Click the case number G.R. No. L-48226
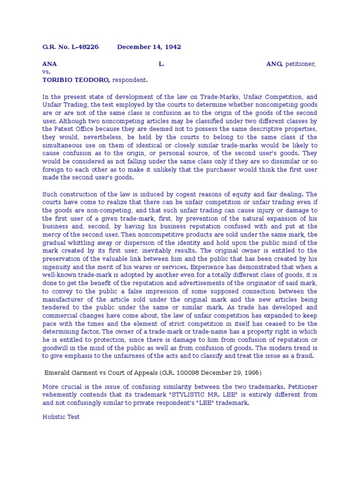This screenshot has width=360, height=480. (x=70, y=47)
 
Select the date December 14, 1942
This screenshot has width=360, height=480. (x=149, y=47)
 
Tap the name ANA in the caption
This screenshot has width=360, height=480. (x=50, y=64)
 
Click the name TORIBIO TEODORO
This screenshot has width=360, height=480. (x=76, y=80)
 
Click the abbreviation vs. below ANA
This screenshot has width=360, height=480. (x=46, y=72)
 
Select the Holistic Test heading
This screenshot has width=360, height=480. (x=61, y=416)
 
